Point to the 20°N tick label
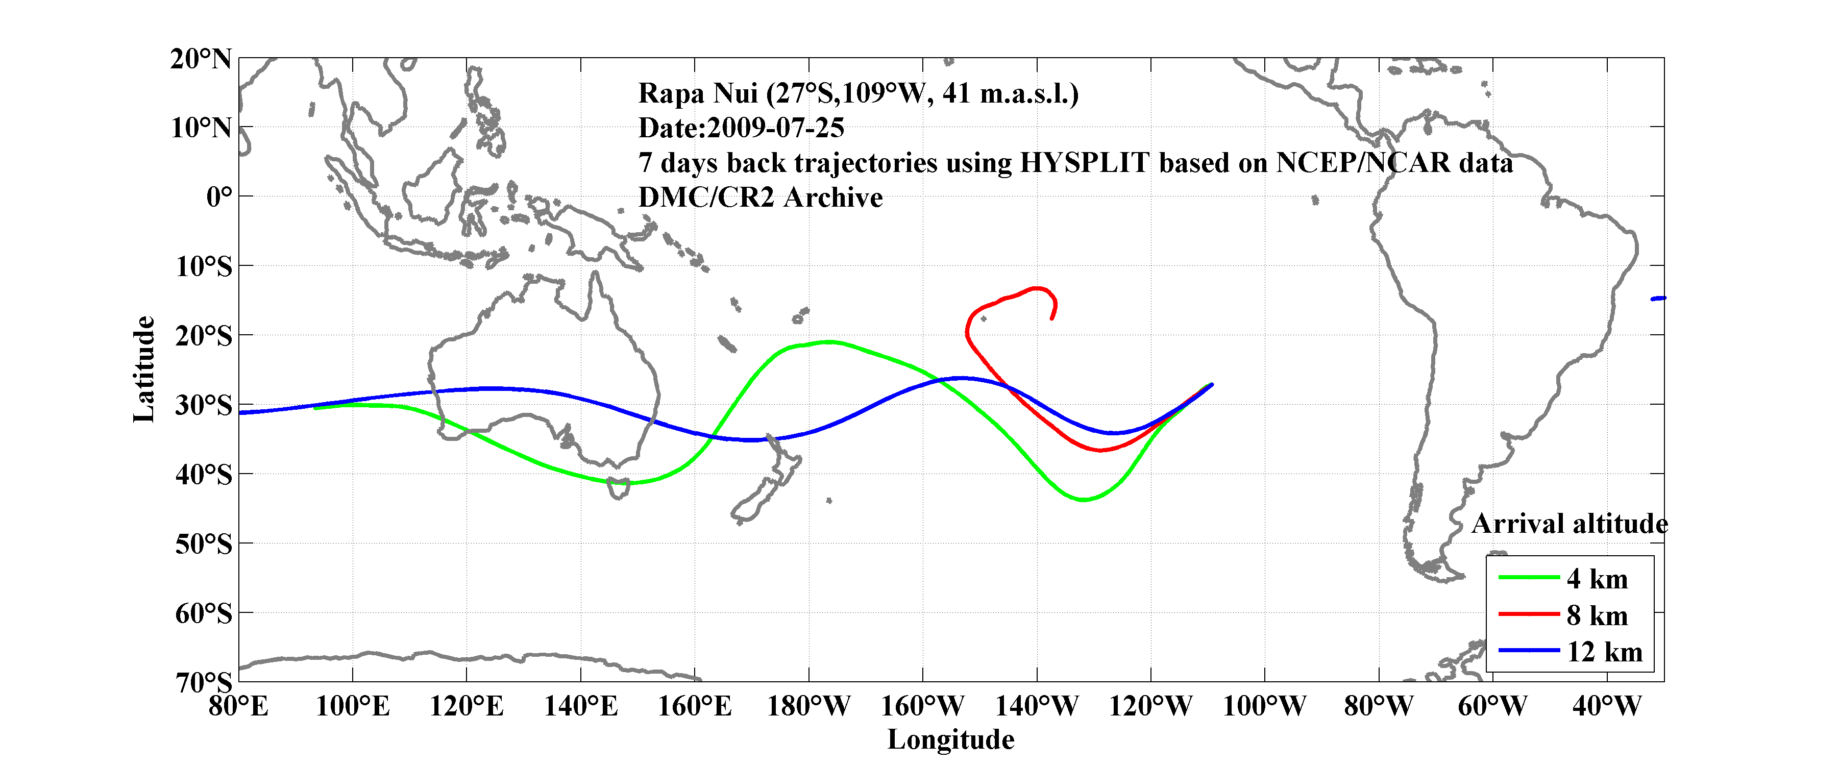point(201,59)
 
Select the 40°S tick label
point(204,474)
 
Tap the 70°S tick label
point(204,682)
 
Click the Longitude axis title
point(950,739)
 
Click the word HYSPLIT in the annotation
point(1085,163)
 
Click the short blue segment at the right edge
point(1658,299)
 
